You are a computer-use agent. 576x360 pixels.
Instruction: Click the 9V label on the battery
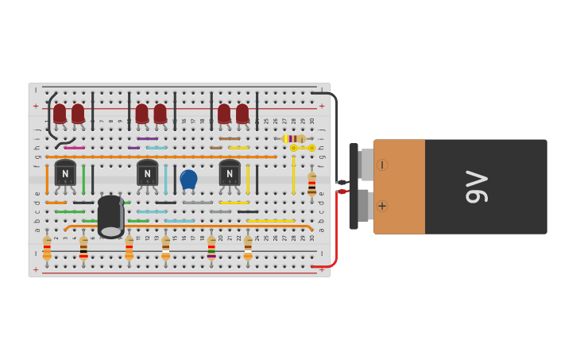pos(477,187)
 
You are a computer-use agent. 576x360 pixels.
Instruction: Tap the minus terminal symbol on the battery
pos(382,165)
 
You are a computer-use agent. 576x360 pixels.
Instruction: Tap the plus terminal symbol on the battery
pos(382,206)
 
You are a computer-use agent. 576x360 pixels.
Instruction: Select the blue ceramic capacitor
pos(188,179)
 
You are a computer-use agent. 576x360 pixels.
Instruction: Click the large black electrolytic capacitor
pos(110,216)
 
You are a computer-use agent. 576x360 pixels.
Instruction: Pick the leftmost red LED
pos(60,114)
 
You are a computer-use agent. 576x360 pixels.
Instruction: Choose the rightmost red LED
pos(242,114)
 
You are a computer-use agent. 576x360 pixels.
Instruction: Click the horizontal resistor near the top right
pos(294,138)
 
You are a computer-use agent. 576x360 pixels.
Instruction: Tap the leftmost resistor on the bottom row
pos(47,248)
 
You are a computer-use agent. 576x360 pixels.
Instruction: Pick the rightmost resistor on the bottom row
pos(248,248)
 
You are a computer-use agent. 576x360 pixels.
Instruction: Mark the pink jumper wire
pos(74,148)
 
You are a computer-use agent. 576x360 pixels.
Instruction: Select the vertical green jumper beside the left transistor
pos(83,179)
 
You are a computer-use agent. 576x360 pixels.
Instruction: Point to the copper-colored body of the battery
pos(400,187)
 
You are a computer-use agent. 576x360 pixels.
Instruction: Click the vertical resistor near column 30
pos(311,184)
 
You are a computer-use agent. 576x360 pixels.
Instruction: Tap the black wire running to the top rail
pos(334,127)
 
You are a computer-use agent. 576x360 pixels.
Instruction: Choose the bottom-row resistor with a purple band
pos(211,248)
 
